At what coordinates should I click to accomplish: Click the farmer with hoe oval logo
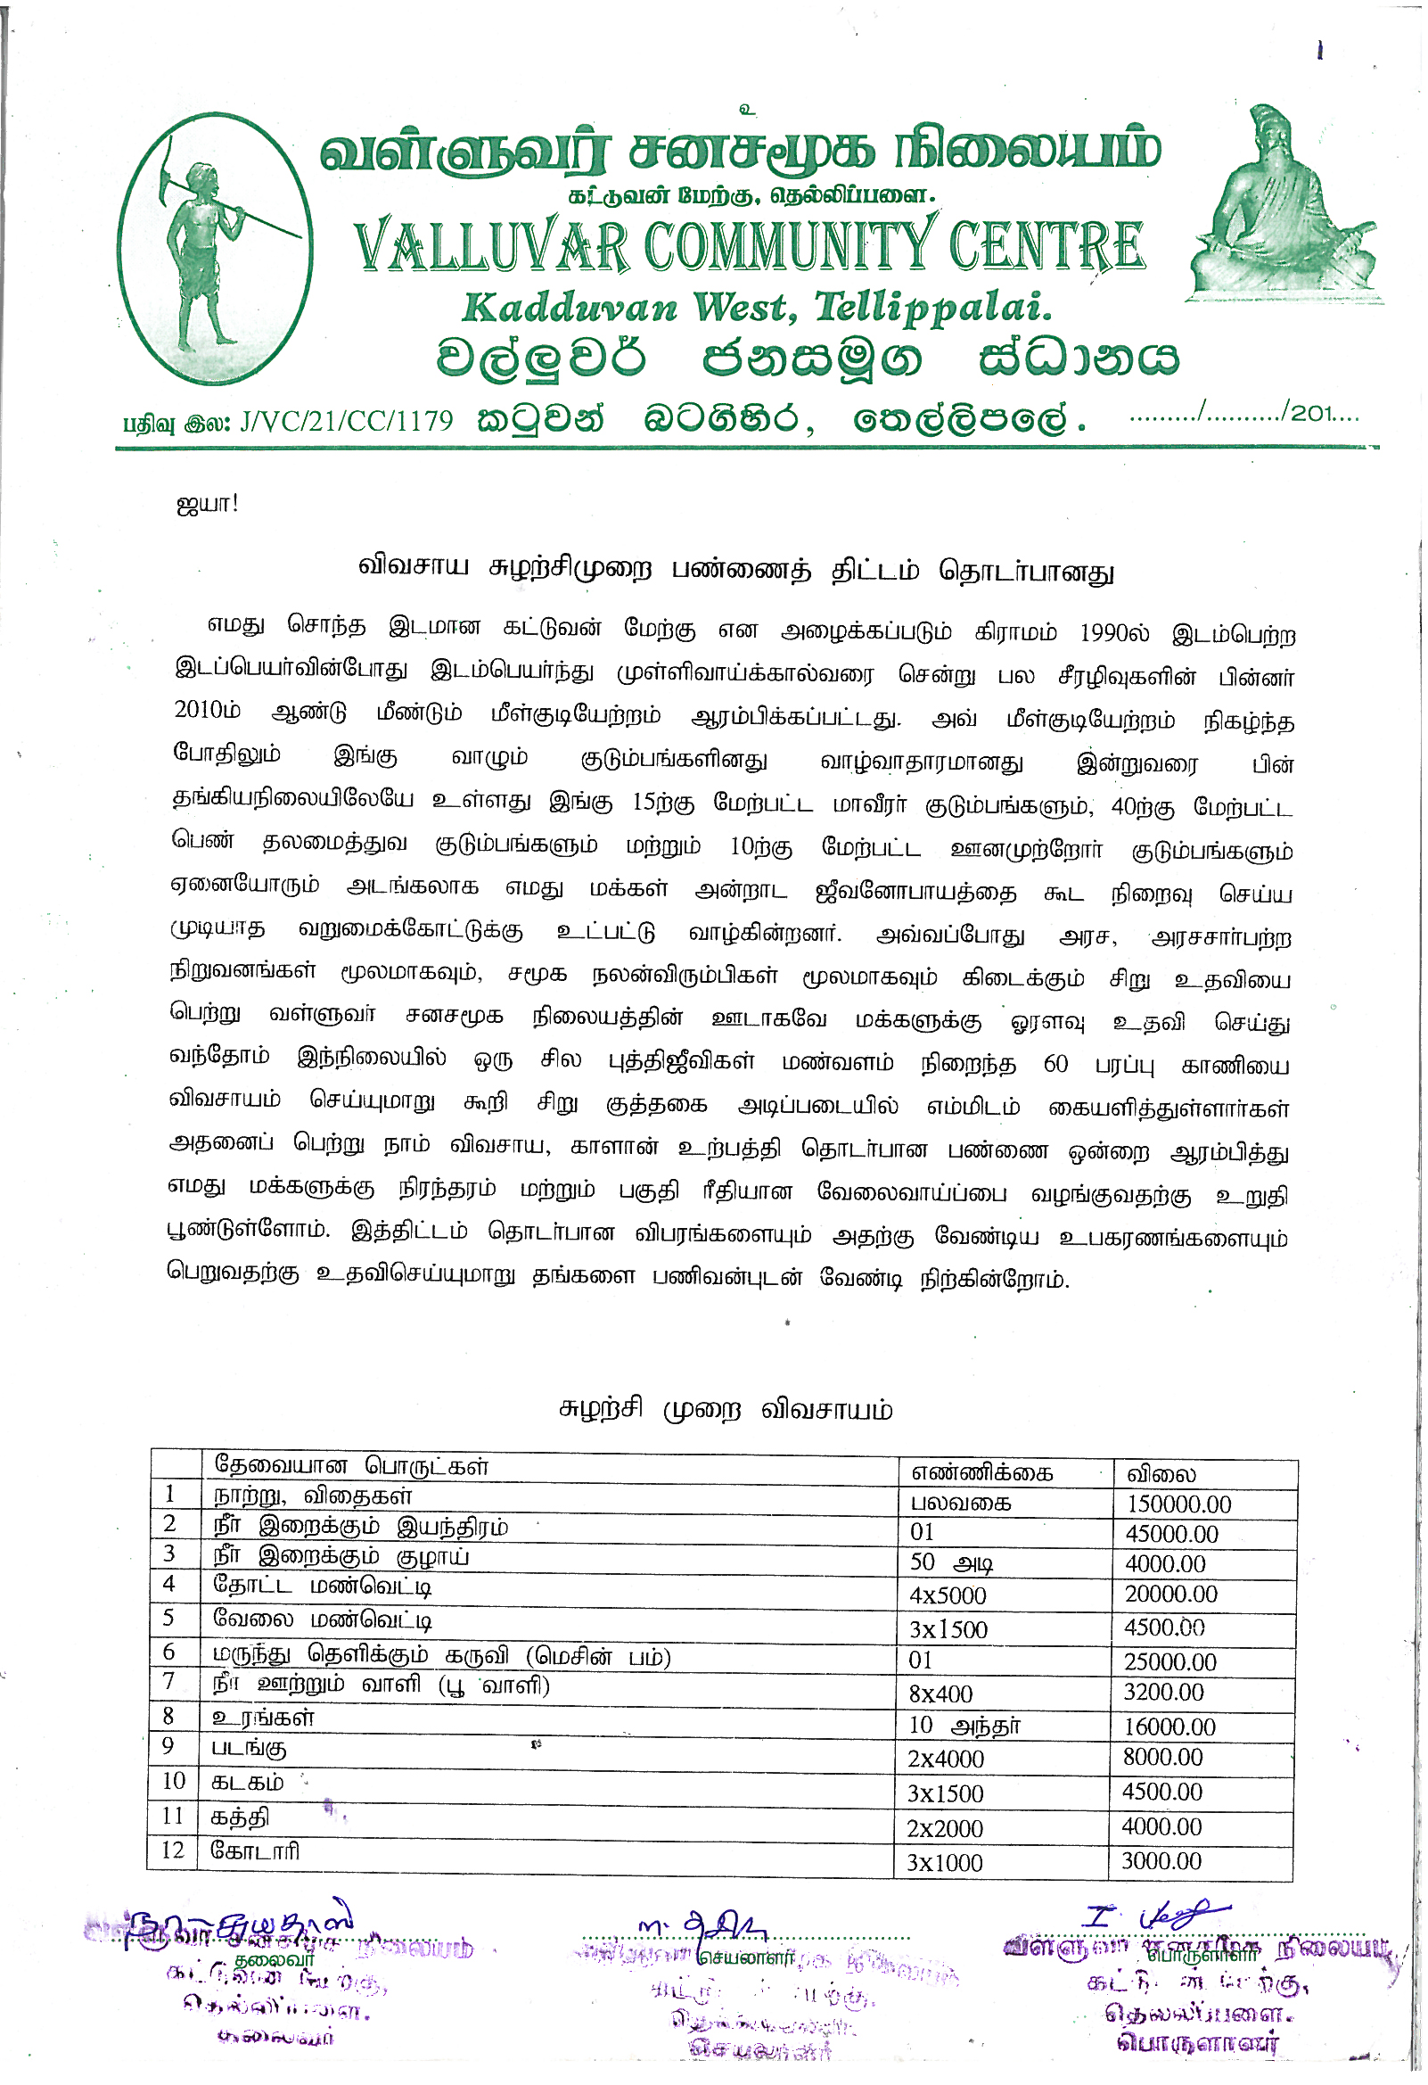(x=216, y=249)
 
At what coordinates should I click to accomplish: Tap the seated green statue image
(x=1282, y=206)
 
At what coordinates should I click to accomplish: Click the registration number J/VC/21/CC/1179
(x=346, y=420)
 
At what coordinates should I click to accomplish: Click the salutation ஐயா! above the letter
(x=207, y=503)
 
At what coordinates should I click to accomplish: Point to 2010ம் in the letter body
(x=207, y=711)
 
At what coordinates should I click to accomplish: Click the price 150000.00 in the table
(x=1178, y=1504)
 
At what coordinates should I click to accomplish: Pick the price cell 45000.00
(x=1170, y=1534)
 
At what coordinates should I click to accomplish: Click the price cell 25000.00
(x=1169, y=1662)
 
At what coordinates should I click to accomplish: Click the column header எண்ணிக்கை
(x=981, y=1472)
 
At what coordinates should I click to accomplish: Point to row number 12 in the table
(x=173, y=1850)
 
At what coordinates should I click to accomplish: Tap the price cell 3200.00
(x=1163, y=1692)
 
